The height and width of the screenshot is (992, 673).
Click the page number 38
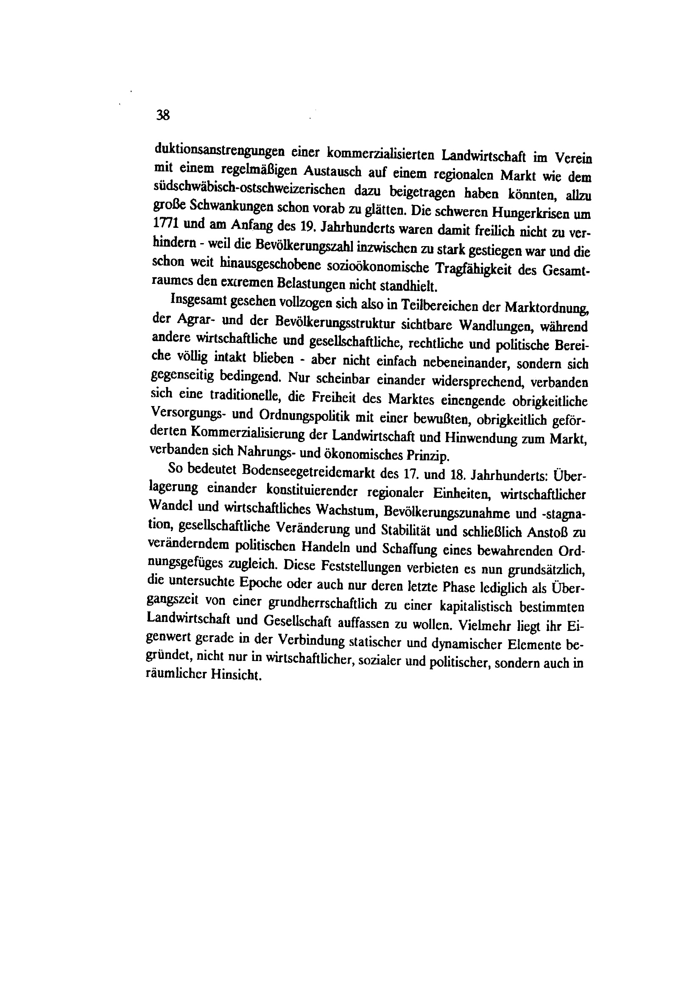pos(163,115)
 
